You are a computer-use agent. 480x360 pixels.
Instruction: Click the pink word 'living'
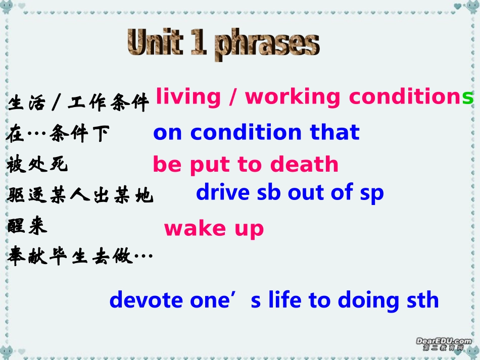tap(188, 97)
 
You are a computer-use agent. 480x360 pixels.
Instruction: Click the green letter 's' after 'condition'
tap(468, 97)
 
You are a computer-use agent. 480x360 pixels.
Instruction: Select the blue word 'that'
tap(334, 132)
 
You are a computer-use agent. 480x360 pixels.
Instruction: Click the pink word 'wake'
tap(188, 228)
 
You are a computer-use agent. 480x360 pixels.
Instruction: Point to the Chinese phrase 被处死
tap(37, 165)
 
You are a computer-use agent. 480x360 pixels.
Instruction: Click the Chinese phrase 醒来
tap(27, 227)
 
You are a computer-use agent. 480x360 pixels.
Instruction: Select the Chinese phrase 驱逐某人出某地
tap(80, 195)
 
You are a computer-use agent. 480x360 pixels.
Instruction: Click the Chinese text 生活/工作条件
tap(78, 103)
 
